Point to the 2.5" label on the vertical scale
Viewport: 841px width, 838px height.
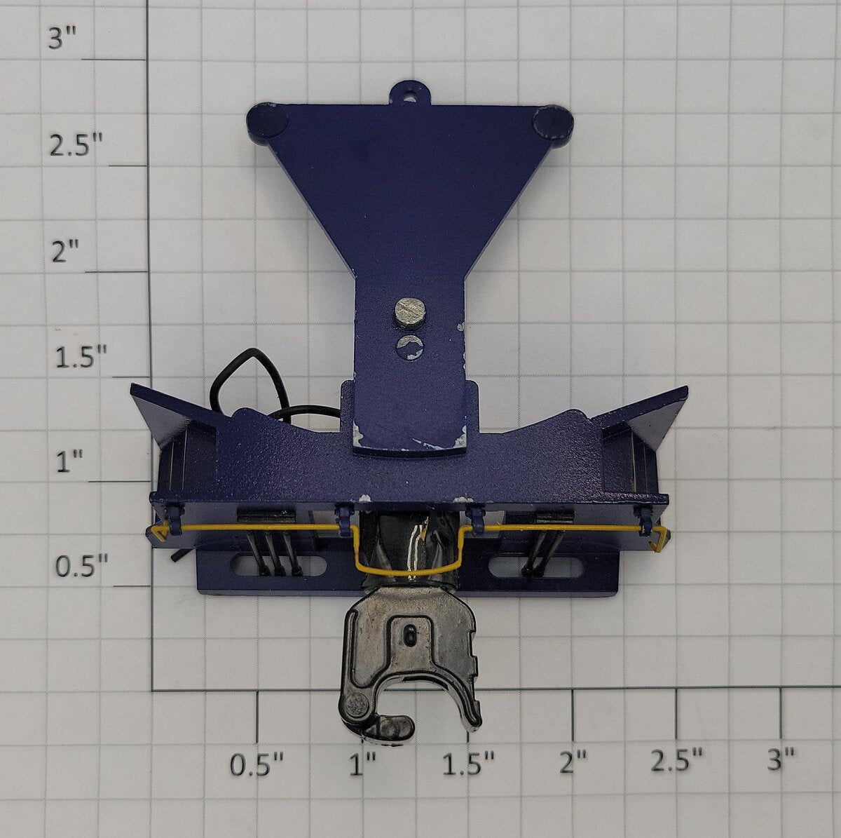76,145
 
